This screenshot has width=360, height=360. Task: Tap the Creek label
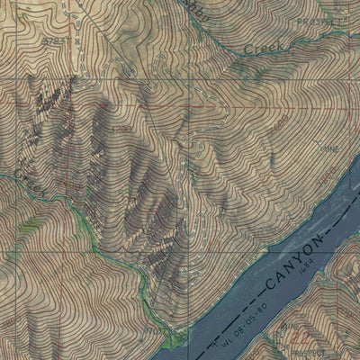pyautogui.click(x=264, y=46)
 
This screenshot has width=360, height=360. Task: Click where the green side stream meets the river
pyautogui.click(x=174, y=339)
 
